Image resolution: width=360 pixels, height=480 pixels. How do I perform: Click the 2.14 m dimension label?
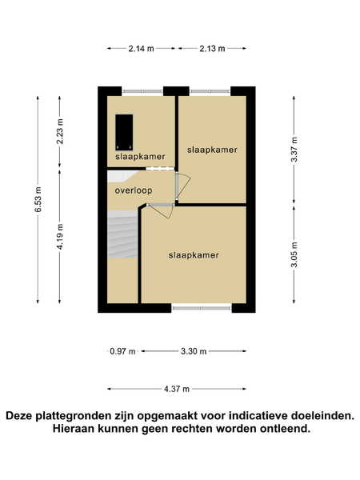click(x=141, y=48)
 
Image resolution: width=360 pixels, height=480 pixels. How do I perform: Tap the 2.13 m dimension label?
click(x=213, y=48)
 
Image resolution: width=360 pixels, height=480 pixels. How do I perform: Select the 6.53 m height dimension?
click(x=38, y=199)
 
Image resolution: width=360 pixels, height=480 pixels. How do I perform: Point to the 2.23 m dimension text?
click(x=60, y=132)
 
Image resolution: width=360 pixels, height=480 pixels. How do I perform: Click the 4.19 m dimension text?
click(x=60, y=237)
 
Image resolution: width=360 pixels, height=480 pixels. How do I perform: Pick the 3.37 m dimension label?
click(x=294, y=150)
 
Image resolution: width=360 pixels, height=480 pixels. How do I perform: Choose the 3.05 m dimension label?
click(x=294, y=254)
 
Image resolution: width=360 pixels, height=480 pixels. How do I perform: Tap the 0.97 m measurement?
click(x=122, y=351)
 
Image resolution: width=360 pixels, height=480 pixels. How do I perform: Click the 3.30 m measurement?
click(x=194, y=351)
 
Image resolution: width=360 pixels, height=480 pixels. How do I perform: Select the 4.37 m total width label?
click(x=177, y=389)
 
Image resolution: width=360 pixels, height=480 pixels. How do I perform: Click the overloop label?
click(x=134, y=190)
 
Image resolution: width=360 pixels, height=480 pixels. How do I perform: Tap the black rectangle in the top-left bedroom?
click(x=124, y=132)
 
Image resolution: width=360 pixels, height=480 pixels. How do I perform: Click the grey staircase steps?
click(x=122, y=234)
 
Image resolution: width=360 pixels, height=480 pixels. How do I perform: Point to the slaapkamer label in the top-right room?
click(x=212, y=150)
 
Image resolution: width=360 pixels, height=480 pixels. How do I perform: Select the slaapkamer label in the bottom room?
click(x=194, y=255)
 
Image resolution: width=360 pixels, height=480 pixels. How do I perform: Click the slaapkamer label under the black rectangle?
click(x=140, y=157)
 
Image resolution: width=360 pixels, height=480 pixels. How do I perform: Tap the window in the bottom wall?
click(x=202, y=308)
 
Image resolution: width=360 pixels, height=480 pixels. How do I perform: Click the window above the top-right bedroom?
click(x=210, y=91)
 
